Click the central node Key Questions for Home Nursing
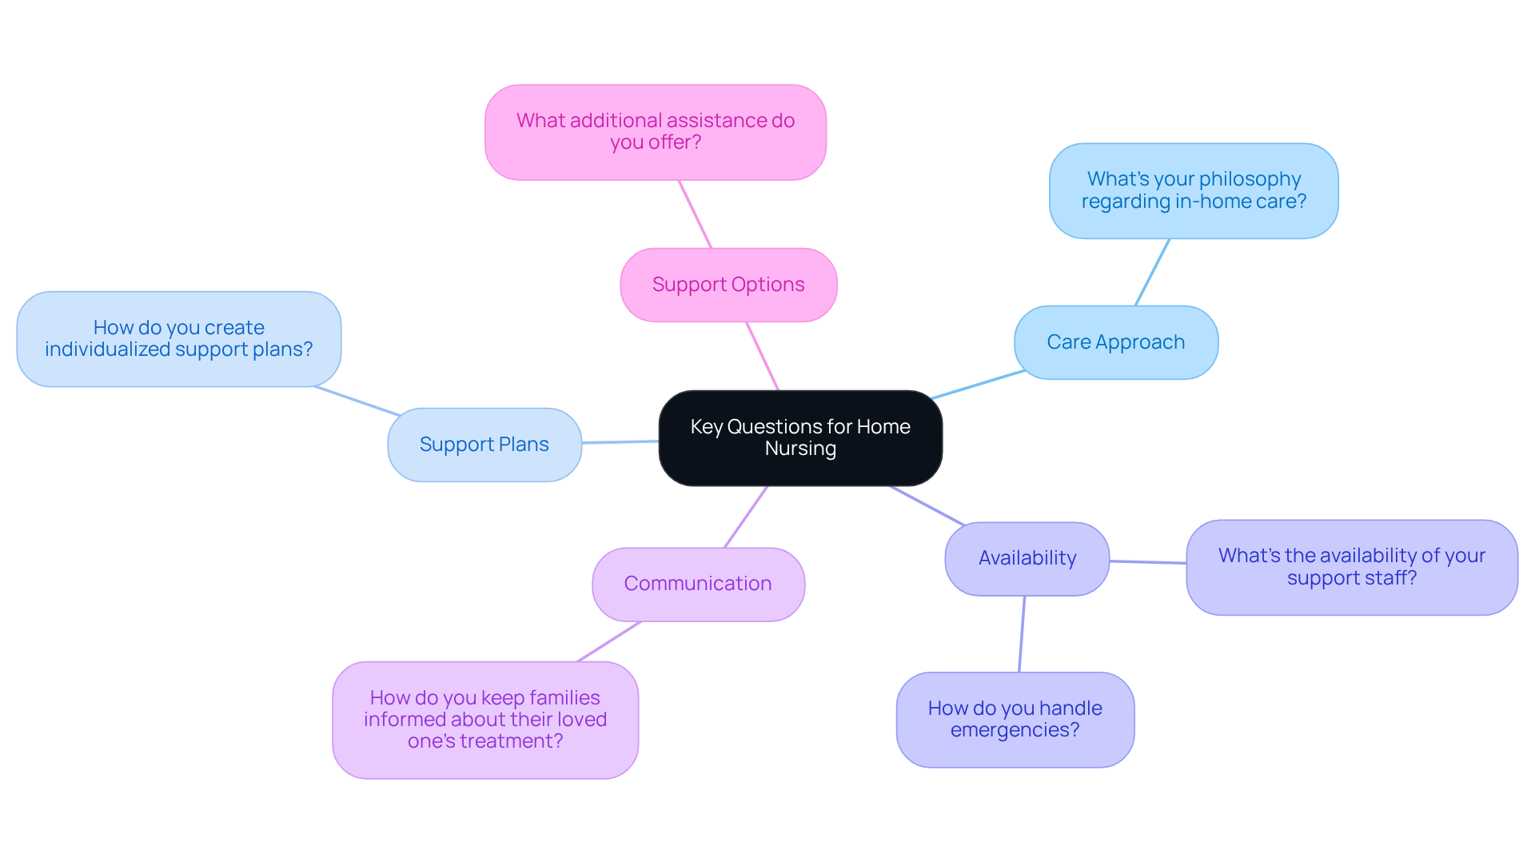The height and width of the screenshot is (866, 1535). coord(799,437)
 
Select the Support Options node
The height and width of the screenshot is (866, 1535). coord(728,285)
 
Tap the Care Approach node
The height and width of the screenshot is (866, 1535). coord(1115,342)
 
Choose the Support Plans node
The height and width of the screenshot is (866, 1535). coord(484,445)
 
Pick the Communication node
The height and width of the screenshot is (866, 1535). coord(697,584)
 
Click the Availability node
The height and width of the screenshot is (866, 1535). coord(1027,558)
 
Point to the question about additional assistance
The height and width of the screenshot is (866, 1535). coord(655,132)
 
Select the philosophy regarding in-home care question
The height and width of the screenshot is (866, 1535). coord(1193,190)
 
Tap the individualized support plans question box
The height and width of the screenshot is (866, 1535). coord(178,338)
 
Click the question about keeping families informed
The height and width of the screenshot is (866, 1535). coord(484,720)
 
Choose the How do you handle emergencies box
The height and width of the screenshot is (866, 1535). coord(1015,719)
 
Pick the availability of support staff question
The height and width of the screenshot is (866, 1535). coord(1351,567)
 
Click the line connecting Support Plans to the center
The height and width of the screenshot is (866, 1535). coord(620,441)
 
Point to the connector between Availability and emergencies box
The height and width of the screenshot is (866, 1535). coord(1022,634)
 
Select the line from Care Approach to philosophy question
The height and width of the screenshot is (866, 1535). coord(1152,272)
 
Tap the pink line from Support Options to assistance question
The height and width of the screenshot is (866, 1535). coord(695,214)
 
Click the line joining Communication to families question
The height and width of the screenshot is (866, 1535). coord(609,641)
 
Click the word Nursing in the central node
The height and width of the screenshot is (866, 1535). coord(799,449)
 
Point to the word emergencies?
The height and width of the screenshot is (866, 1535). coord(1015,730)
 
